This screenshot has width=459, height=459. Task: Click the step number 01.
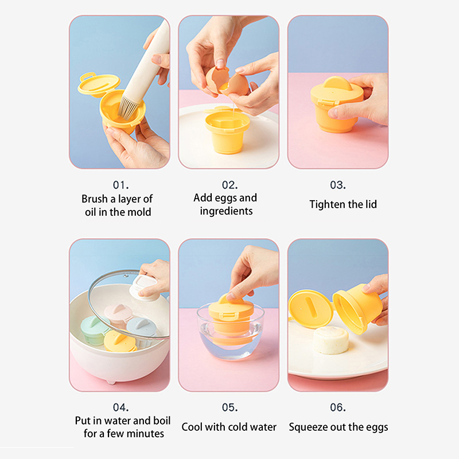coord(120,185)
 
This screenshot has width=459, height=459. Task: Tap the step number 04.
coord(120,407)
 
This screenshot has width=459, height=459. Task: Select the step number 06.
coord(338,407)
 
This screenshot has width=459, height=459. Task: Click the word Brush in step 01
coord(94,199)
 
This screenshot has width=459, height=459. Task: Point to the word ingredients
coord(226,211)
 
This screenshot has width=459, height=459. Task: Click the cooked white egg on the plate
coord(330,340)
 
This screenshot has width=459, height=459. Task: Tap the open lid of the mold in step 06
coord(310,309)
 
